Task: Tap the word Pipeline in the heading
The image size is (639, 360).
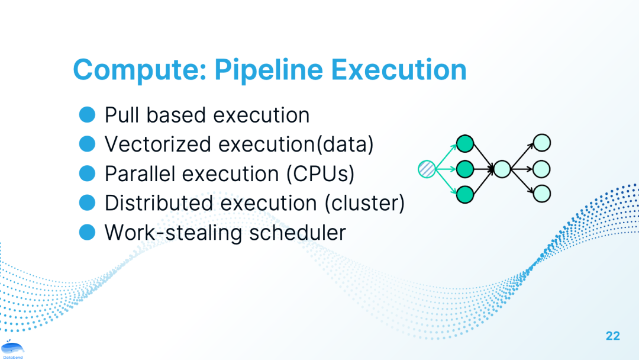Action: [x=269, y=70]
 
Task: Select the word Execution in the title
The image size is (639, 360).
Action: [x=399, y=69]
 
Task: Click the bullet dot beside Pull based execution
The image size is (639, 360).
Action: [x=87, y=114]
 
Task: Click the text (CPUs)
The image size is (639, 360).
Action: [x=320, y=173]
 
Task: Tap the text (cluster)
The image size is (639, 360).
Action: [x=364, y=202]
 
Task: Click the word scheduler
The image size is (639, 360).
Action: [x=298, y=232]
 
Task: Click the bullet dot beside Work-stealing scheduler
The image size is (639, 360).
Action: [x=87, y=232]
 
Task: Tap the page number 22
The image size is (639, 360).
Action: [x=612, y=336]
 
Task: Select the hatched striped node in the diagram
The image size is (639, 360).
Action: [x=427, y=169]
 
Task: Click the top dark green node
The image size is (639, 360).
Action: [x=465, y=143]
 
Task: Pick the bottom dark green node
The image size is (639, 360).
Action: [x=465, y=194]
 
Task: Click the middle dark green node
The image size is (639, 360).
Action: [x=465, y=169]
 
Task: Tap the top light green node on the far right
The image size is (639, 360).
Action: [x=542, y=143]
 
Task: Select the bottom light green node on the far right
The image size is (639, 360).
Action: [x=542, y=194]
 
